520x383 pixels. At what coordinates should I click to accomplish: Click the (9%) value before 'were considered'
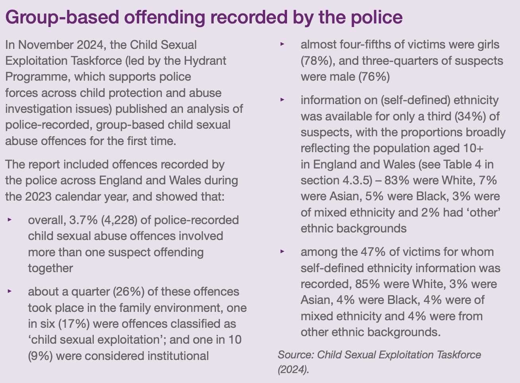tap(40, 356)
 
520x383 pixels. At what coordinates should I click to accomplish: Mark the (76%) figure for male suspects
tap(374, 77)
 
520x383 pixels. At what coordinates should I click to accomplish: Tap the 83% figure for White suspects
tap(397, 180)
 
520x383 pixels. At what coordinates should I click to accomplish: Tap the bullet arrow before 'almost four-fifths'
tap(283, 44)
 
